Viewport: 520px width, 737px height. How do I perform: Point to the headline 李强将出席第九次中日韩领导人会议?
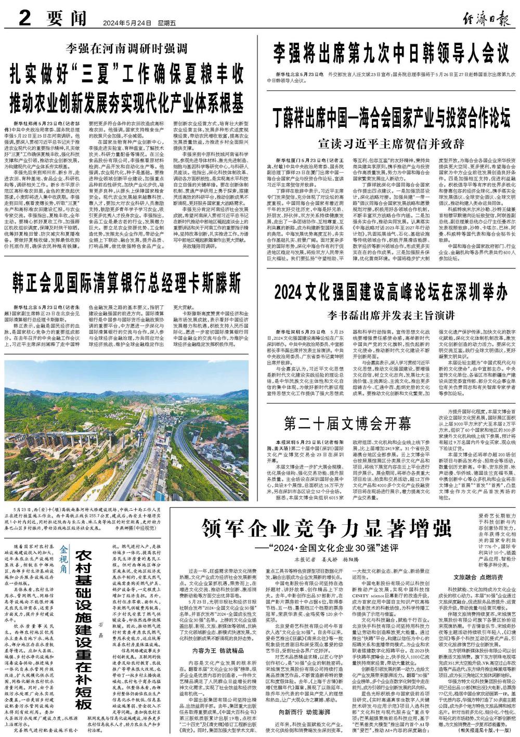coord(391,52)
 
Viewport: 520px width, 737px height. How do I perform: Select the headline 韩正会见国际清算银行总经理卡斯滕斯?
coord(127,283)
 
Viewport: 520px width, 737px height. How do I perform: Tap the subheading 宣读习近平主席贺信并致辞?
coord(391,143)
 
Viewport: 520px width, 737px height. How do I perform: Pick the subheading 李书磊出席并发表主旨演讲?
coord(391,315)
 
